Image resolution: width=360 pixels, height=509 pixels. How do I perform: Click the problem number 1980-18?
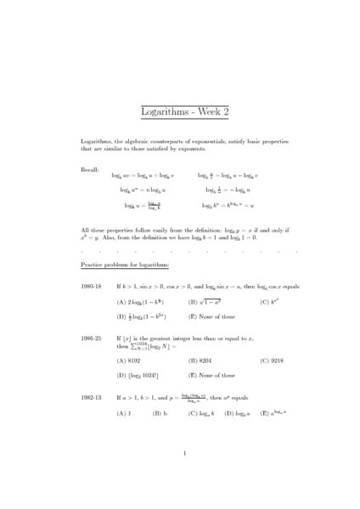tap(92, 288)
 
